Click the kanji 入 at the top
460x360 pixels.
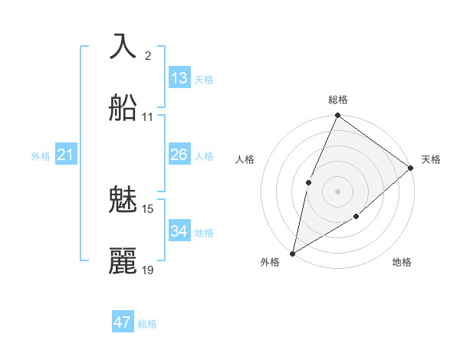(123, 47)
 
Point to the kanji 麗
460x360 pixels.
(123, 260)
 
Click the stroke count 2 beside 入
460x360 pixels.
(147, 55)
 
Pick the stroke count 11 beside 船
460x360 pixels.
(147, 117)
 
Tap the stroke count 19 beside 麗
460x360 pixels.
(148, 270)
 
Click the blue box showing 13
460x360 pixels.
(179, 78)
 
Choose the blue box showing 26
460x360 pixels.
(179, 155)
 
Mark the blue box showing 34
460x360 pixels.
(179, 231)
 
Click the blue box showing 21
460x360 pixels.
(66, 155)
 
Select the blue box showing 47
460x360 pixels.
(122, 322)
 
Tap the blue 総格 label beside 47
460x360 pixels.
(147, 324)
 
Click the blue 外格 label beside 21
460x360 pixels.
(41, 156)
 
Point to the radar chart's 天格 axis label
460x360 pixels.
(431, 159)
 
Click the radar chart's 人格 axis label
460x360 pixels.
(245, 159)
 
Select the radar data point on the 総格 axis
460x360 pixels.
(337, 116)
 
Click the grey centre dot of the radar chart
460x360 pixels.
(337, 191)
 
